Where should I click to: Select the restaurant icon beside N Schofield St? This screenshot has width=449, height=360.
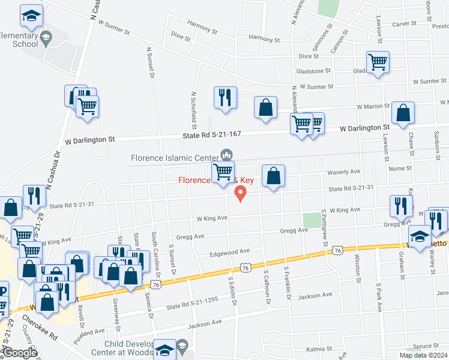tap(225, 98)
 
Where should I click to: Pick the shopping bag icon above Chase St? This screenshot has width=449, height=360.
tap(403, 113)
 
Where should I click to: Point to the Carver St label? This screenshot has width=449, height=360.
tap(404, 23)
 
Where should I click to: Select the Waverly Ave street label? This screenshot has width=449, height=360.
tap(343, 172)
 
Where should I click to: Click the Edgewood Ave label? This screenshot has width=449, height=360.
tap(230, 253)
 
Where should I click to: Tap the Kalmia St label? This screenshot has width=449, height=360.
tap(319, 348)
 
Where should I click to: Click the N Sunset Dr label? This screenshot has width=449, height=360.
tap(151, 62)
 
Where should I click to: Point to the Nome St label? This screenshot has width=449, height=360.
tap(400, 169)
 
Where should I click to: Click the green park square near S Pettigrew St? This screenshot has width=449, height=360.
tap(312, 220)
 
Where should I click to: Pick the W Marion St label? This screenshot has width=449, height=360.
tap(373, 106)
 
